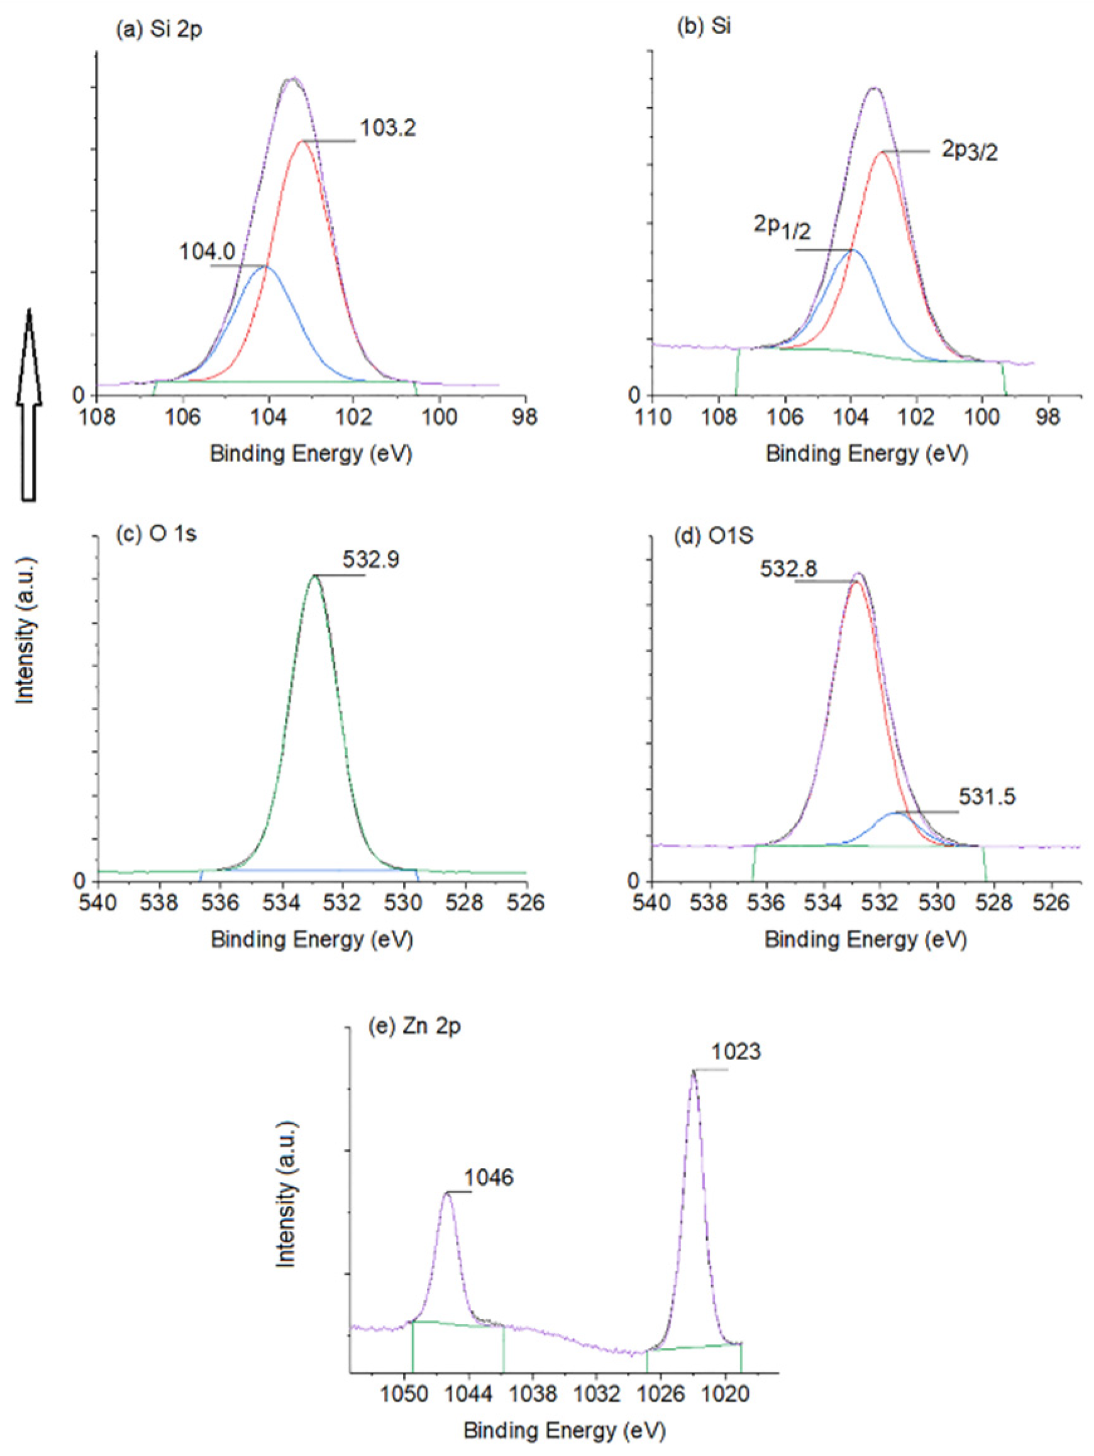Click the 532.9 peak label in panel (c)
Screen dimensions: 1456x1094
370,560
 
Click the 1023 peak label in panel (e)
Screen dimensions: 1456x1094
735,1052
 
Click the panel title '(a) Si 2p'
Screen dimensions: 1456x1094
158,31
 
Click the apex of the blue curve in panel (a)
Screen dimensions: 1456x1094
267,267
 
